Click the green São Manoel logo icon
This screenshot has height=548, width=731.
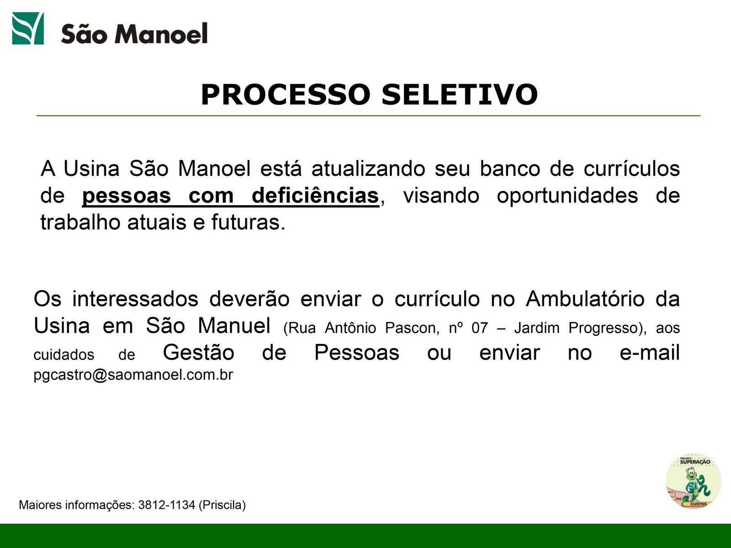click(x=28, y=28)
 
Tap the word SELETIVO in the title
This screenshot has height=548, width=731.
click(x=459, y=95)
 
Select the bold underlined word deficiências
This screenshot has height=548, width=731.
click(x=315, y=195)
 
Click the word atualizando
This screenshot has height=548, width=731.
click(x=368, y=169)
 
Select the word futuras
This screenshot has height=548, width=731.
click(x=249, y=222)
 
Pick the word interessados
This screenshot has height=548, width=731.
click(x=135, y=299)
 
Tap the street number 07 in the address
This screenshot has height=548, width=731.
click(x=480, y=328)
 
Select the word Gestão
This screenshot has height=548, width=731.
click(x=198, y=353)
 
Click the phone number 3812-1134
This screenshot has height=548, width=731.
click(x=166, y=505)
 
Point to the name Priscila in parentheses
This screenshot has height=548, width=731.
click(x=222, y=505)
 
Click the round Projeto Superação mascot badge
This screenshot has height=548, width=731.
click(x=694, y=481)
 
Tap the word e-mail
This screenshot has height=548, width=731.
click(x=649, y=353)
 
